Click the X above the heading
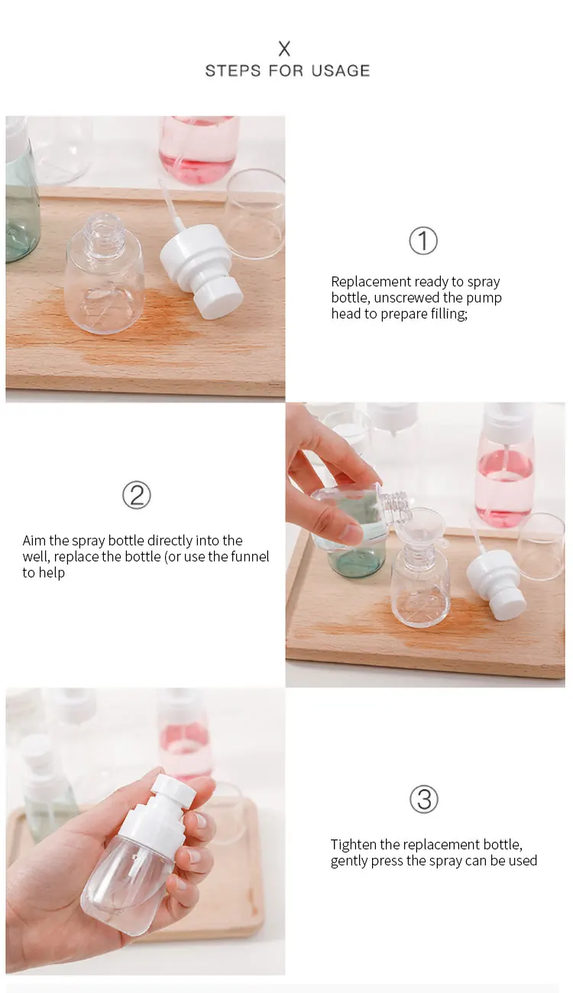click(284, 48)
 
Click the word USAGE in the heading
click(341, 71)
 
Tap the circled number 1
click(423, 241)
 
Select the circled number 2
click(137, 495)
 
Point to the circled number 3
click(423, 799)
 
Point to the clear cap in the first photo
click(254, 214)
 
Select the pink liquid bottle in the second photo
click(504, 464)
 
